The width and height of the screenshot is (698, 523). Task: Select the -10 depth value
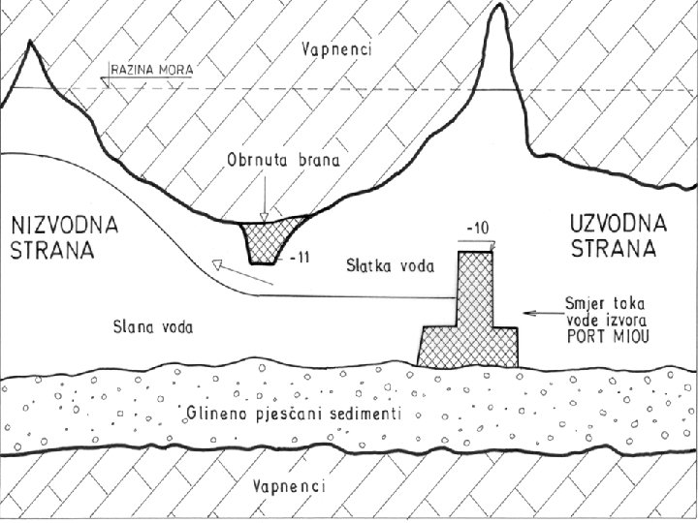point(477,230)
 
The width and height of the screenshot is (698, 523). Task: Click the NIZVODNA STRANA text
point(64,237)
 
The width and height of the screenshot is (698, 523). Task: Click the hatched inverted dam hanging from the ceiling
point(271,236)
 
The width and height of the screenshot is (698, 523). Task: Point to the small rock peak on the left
point(28,53)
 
